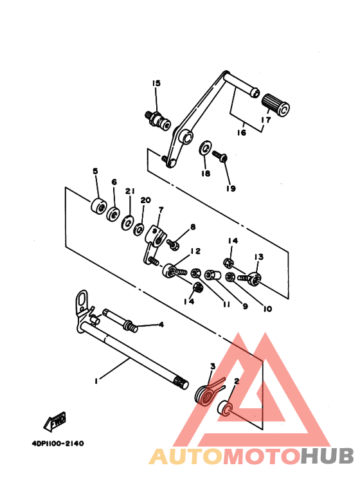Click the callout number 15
[156, 84]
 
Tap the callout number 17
[265, 119]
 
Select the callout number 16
[241, 133]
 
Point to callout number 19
[230, 188]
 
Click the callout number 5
[95, 171]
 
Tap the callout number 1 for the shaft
[96, 381]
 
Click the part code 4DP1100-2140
[57, 443]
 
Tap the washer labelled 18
[204, 148]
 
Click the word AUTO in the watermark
[186, 456]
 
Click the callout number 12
[195, 251]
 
